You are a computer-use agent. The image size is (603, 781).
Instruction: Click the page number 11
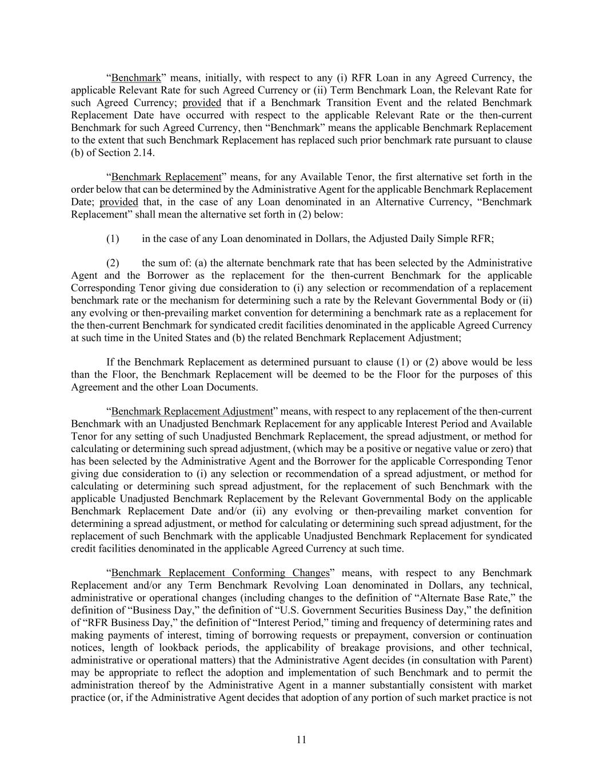pos(302,740)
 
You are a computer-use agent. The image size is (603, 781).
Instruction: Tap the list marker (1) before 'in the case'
pos(113,239)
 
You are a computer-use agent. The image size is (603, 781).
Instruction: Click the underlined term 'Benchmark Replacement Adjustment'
pos(192,411)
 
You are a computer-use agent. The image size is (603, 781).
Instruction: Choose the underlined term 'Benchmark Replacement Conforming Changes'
pos(221,573)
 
